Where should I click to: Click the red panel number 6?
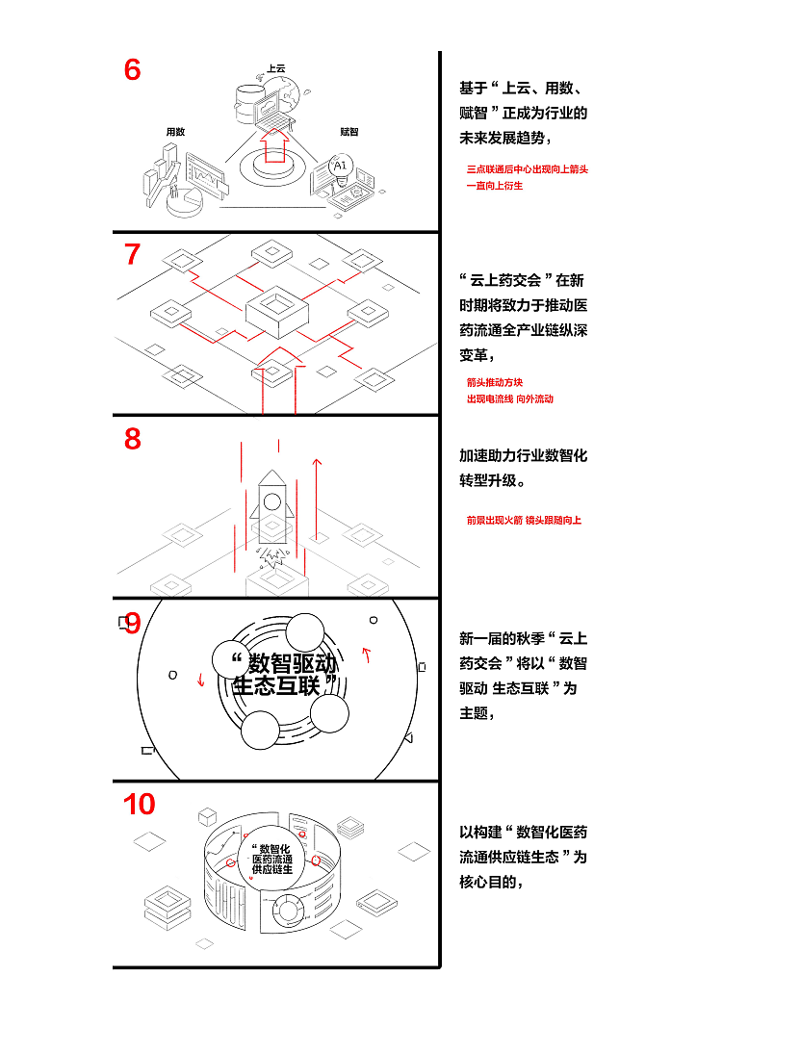133,70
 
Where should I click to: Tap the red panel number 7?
133,255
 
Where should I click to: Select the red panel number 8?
133,439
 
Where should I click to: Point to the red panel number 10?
140,805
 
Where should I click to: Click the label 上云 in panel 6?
276,69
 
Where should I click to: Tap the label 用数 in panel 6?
175,131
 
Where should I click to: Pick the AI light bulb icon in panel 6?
339,167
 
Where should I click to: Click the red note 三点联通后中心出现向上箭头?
527,169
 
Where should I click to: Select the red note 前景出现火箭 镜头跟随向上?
524,521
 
